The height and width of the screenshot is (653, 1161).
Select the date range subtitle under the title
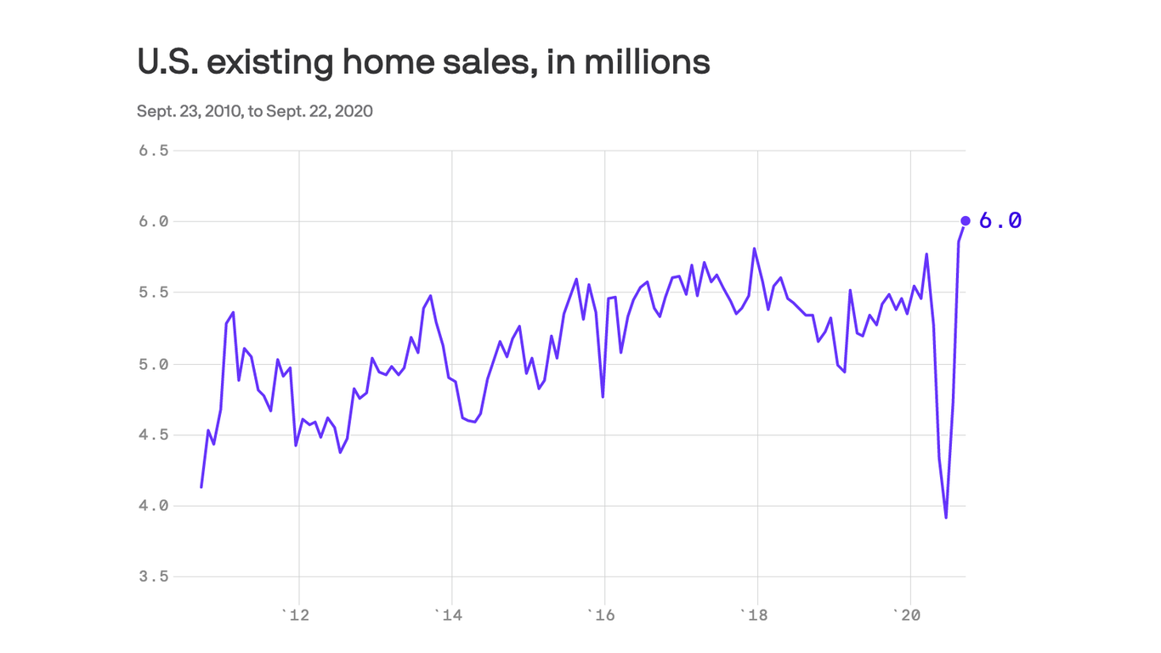pos(254,111)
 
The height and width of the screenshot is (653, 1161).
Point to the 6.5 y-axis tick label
pos(153,150)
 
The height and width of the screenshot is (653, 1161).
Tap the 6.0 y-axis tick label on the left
pos(153,221)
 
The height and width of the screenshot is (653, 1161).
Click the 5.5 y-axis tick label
pos(153,292)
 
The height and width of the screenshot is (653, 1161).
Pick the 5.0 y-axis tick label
pos(153,364)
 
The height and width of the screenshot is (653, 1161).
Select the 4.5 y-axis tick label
pos(153,434)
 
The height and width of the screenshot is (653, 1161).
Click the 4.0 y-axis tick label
pos(153,506)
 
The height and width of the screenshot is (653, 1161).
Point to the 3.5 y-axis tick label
pos(153,576)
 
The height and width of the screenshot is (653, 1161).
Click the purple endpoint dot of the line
pos(965,221)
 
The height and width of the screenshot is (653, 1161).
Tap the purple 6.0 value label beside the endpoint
pos(1000,221)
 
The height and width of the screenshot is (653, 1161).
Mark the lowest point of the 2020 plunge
pos(946,517)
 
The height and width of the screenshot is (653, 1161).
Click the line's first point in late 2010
pos(201,486)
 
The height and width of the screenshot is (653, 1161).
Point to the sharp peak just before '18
pos(755,249)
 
